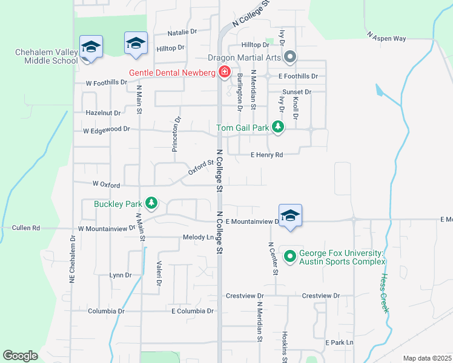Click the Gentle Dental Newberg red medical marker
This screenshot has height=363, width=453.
(225, 73)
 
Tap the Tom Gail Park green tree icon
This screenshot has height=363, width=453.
(278, 127)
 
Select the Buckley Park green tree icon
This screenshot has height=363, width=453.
(152, 203)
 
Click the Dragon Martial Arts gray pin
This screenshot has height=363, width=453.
(290, 57)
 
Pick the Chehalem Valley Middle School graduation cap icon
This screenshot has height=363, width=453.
(91, 47)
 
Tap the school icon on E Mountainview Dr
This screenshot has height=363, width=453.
(291, 216)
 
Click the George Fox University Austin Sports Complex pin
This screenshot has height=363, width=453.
(289, 257)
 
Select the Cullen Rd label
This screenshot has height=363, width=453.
(26, 228)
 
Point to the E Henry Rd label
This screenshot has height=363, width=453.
(267, 155)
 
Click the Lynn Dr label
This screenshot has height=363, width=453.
(121, 275)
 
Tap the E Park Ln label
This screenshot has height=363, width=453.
(339, 343)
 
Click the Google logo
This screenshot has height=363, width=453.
(20, 356)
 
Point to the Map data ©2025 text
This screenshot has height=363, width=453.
(426, 358)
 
